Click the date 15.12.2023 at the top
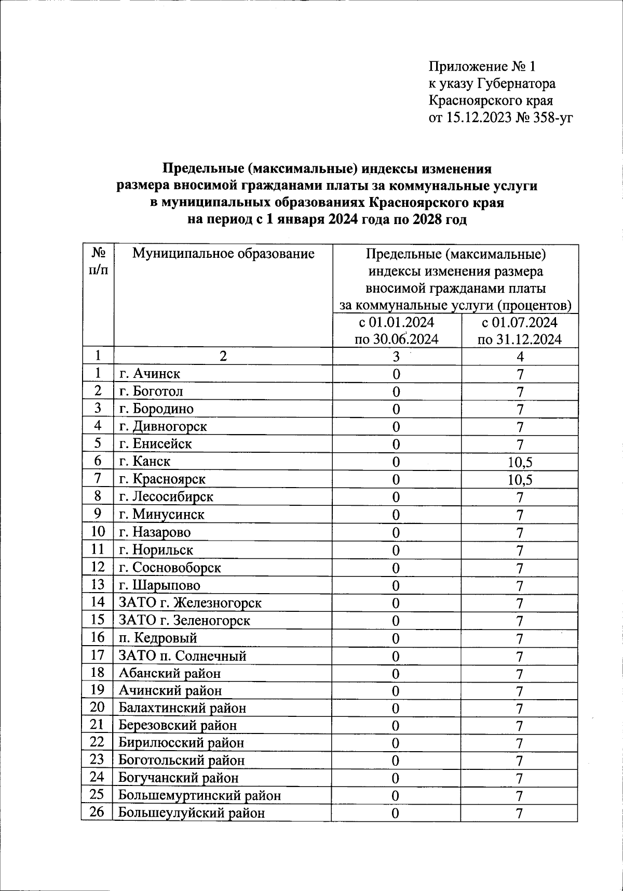[477, 117]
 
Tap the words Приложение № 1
[481, 67]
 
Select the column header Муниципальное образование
[223, 254]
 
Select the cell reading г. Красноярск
[162, 479]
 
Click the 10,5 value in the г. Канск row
[520, 462]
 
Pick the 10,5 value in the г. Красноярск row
[520, 479]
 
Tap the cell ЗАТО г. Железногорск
[191, 603]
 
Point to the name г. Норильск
[156, 550]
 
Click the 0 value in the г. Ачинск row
[396, 374]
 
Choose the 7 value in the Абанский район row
[520, 674]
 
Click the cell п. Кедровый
[158, 638]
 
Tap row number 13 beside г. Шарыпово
[97, 584]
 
